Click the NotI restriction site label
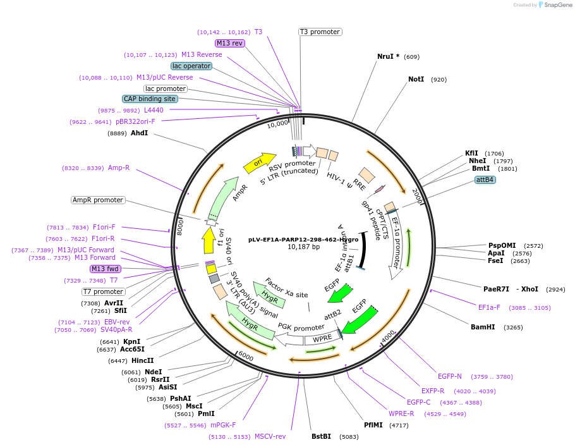(x=416, y=80)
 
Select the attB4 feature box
(x=485, y=180)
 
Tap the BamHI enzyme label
(x=483, y=328)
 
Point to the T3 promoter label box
(x=320, y=32)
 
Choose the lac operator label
(x=191, y=66)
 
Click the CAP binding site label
(x=150, y=99)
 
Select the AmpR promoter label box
(x=98, y=200)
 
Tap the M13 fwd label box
(x=105, y=269)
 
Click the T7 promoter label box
(x=103, y=291)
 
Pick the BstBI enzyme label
(x=321, y=436)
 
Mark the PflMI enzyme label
(x=373, y=425)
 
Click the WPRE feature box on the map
(x=322, y=338)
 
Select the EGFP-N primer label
(x=450, y=376)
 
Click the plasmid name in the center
(x=303, y=240)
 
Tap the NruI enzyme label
(x=388, y=56)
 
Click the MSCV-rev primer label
(x=270, y=436)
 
